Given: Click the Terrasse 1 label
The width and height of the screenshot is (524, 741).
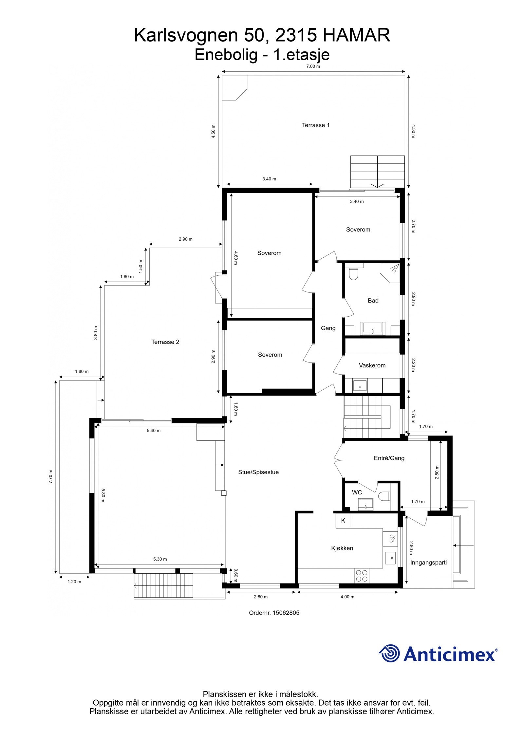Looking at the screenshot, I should (x=315, y=125).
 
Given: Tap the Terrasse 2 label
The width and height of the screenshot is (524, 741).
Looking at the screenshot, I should (x=165, y=342).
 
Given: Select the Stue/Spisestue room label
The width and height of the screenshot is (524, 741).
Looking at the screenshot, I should (x=258, y=472).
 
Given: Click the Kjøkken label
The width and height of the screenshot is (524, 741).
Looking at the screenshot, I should (x=342, y=548).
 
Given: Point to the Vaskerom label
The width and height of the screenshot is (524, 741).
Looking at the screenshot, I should (x=372, y=365).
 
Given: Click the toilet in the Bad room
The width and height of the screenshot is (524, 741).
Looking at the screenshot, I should (x=354, y=274).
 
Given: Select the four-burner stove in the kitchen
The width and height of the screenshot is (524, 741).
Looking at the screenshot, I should (x=361, y=576).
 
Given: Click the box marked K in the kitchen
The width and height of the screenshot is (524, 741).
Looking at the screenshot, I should (x=343, y=521).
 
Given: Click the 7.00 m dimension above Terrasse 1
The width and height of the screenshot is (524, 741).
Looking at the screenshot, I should (x=313, y=66).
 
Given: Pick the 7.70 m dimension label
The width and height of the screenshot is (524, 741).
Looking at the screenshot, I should (x=50, y=476).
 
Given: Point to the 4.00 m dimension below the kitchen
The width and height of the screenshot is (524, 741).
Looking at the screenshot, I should (x=347, y=597).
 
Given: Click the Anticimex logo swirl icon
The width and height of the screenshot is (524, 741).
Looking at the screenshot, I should (x=389, y=653).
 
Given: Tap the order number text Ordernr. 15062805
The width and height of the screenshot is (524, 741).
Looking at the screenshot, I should (x=274, y=613).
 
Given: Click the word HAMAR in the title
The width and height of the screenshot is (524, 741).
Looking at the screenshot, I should (x=356, y=35).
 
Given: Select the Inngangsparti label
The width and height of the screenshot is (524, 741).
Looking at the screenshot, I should (x=428, y=563).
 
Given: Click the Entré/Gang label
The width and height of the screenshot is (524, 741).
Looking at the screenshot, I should (x=389, y=458).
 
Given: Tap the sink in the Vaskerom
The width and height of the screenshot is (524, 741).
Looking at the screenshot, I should (x=360, y=387).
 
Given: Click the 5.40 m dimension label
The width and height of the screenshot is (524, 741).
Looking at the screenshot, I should (x=153, y=431).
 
